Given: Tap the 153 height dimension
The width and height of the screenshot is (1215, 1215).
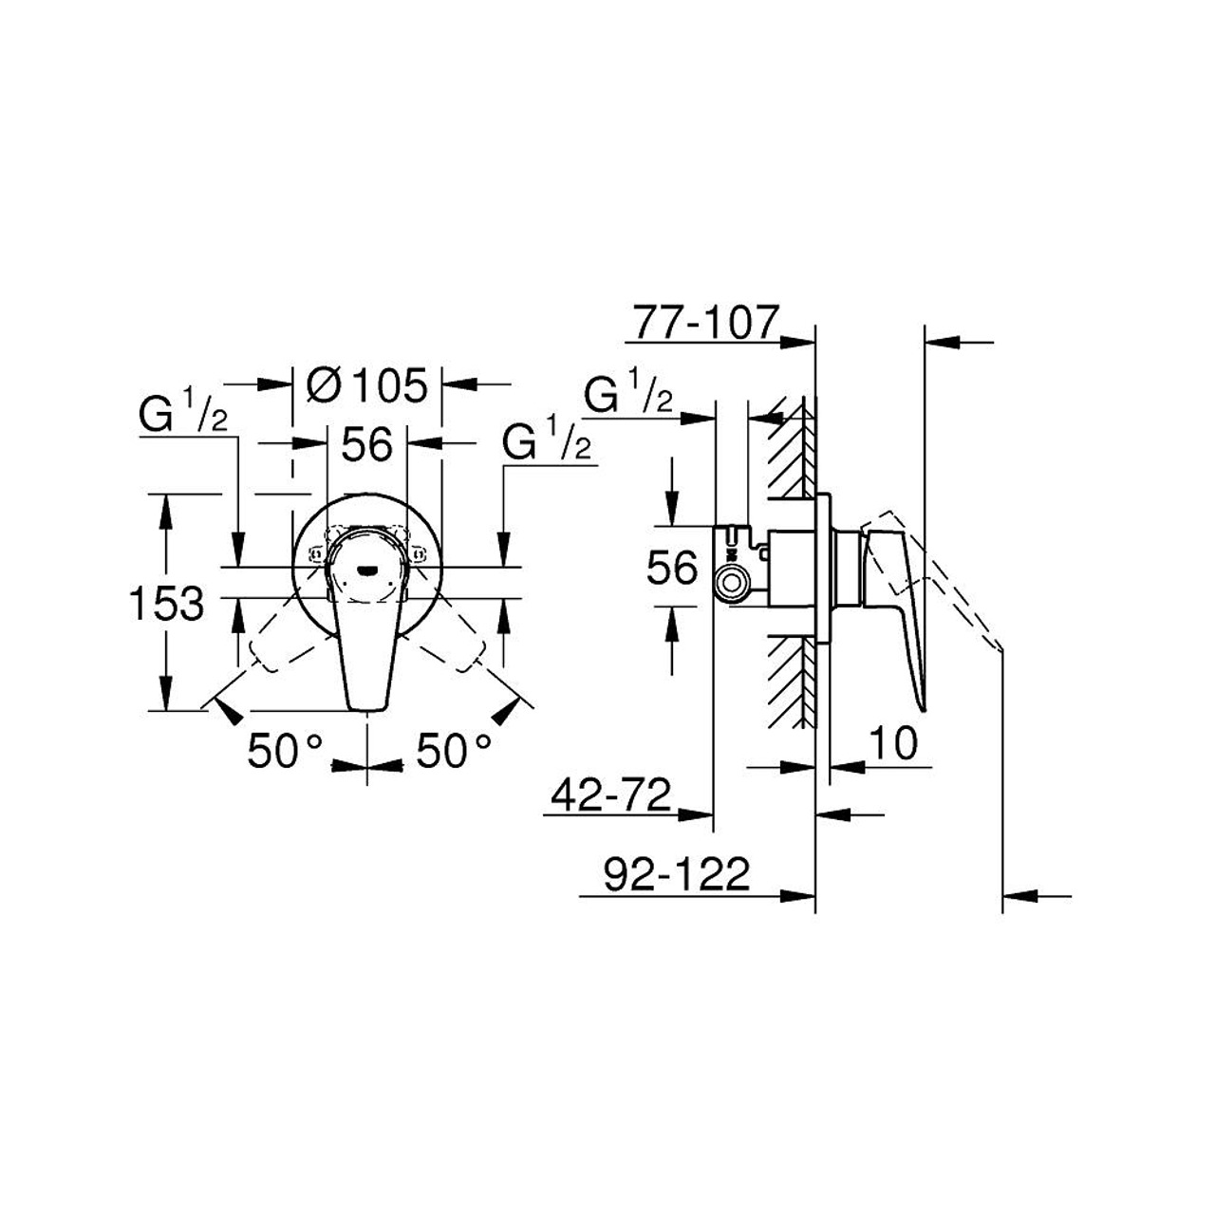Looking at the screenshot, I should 165,603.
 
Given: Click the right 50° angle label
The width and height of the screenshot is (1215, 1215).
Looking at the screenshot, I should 454,752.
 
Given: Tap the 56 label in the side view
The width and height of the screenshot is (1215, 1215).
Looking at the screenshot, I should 672,569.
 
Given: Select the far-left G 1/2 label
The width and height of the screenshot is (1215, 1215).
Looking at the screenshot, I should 183,416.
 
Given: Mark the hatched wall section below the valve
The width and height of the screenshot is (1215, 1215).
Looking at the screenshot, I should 792,679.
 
